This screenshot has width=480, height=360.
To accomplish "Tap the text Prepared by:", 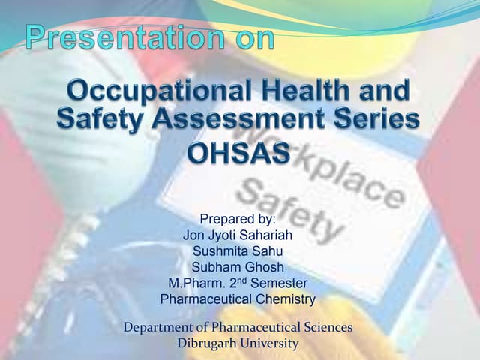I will (238, 219).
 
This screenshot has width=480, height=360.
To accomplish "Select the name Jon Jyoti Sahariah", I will (238, 235).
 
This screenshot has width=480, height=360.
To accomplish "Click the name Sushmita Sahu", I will (238, 251).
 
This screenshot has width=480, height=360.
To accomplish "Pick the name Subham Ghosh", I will (238, 267).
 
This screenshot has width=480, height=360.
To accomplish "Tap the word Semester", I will (278, 283).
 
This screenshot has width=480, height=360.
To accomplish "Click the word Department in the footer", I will (161, 328).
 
